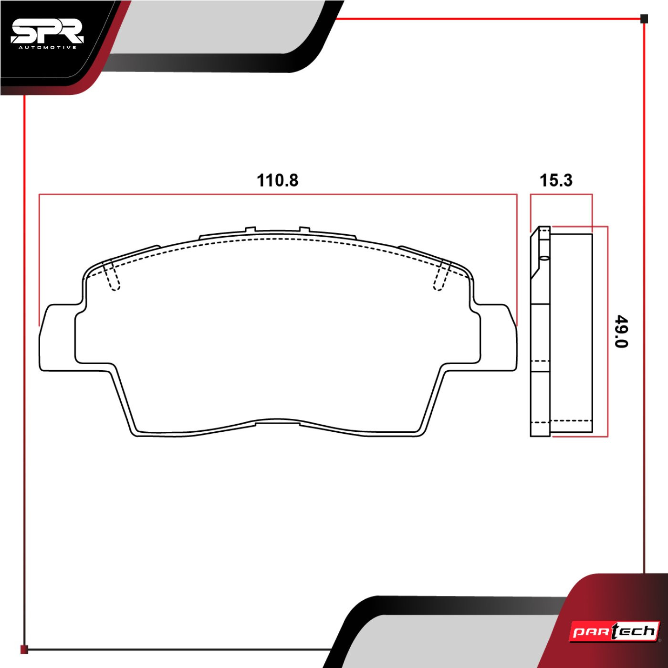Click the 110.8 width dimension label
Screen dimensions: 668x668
tap(277, 181)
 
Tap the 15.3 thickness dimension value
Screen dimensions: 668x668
tap(556, 181)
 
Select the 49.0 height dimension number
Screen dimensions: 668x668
tap(621, 332)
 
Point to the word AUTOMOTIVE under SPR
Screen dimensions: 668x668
tap(47, 48)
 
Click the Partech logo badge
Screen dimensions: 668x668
tap(614, 632)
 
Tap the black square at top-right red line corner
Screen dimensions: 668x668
tap(644, 19)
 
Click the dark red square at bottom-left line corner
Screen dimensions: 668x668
tap(24, 649)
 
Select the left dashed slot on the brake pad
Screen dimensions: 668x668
tap(112, 274)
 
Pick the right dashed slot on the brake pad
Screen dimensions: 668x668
tap(442, 274)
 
